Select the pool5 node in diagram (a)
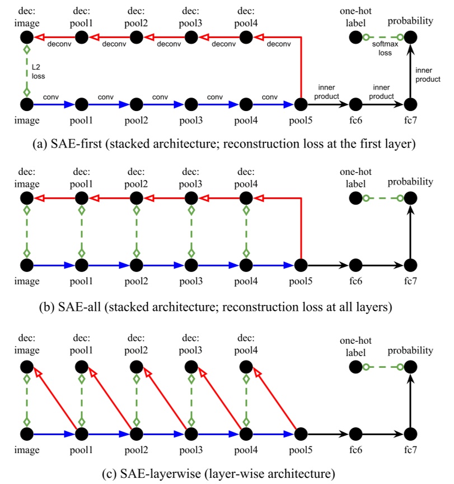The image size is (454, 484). coord(301,104)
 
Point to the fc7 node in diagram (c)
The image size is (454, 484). coord(410,434)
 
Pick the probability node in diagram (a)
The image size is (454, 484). coord(410,38)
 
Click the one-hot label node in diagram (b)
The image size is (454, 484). coord(355,198)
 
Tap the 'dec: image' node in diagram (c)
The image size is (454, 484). coord(26,367)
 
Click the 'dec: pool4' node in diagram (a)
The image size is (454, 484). coord(246,38)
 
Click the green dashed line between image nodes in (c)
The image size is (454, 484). coord(26,400)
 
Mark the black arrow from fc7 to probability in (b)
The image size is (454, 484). coord(410,231)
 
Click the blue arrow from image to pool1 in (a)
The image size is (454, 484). coord(53,104)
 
